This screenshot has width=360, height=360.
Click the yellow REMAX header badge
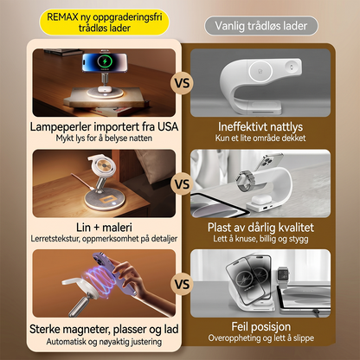pos(104,22)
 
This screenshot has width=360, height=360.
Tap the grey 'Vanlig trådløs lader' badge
pos(261,26)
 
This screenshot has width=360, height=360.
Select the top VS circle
pos(182,83)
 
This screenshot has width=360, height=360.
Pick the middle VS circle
pos(182,184)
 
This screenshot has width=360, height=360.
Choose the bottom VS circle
pos(182,284)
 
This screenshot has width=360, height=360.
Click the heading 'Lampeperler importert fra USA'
pos(104,126)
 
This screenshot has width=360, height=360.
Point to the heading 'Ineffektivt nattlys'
pos(260,126)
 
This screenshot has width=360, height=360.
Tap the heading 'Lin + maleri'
pos(104,228)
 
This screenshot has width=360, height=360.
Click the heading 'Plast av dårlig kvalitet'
pos(260,228)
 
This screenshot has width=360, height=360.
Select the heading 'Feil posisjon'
pos(260,327)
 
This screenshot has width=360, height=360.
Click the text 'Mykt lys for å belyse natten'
pos(104,138)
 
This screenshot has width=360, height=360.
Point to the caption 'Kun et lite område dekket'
pos(260,138)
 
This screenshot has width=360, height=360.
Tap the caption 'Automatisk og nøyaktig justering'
pos(104,342)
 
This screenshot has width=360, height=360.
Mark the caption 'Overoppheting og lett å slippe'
pos(260,337)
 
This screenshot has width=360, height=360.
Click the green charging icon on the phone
pos(104,61)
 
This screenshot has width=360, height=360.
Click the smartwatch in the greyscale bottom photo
pos(283,275)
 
